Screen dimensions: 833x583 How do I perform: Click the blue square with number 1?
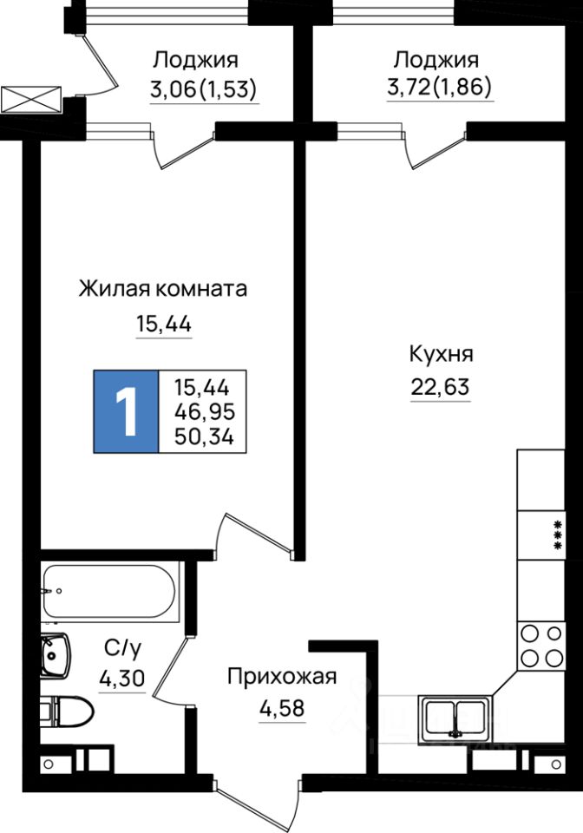[127, 411]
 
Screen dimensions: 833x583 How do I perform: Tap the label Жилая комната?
[162, 288]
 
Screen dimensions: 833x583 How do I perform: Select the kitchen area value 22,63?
[441, 386]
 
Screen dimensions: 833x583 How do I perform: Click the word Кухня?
[441, 354]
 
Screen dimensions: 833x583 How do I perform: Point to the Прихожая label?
[281, 677]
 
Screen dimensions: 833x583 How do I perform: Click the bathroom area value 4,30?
[122, 679]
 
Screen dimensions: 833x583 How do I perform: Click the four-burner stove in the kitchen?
[539, 646]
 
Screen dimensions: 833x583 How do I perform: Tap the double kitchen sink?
[455, 718]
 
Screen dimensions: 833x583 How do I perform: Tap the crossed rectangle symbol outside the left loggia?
[31, 99]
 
